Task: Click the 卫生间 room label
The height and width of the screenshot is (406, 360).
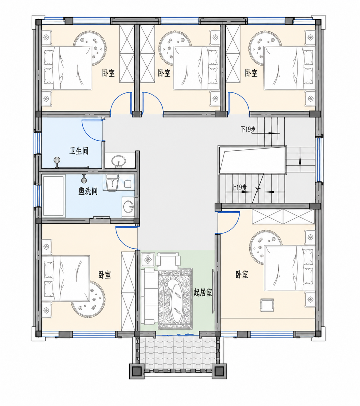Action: pos(79,151)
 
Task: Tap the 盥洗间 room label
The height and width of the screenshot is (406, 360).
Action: pos(88,191)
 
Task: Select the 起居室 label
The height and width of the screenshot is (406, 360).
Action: pos(203,293)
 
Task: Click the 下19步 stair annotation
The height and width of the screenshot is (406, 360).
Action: pos(248,129)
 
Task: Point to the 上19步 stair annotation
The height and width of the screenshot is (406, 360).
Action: pos(239,188)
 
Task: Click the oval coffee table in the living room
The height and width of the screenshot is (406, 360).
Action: pos(176,300)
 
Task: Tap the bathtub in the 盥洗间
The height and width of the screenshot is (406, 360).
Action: pos(53,196)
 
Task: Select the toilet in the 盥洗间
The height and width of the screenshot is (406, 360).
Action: pos(112,182)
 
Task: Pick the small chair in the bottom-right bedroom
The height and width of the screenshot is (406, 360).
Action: pos(267,305)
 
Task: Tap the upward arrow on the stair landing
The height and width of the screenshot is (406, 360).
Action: pos(300,159)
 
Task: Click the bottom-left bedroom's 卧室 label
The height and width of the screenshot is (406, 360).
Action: pos(105,275)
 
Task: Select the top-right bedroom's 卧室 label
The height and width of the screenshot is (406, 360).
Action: pos(251,73)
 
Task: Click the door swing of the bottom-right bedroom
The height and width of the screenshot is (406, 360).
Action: pos(229,222)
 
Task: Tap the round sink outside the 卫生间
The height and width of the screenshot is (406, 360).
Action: pos(119,161)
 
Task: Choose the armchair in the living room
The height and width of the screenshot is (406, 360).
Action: pos(168,259)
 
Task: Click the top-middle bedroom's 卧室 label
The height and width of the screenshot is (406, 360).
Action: pos(164,73)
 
